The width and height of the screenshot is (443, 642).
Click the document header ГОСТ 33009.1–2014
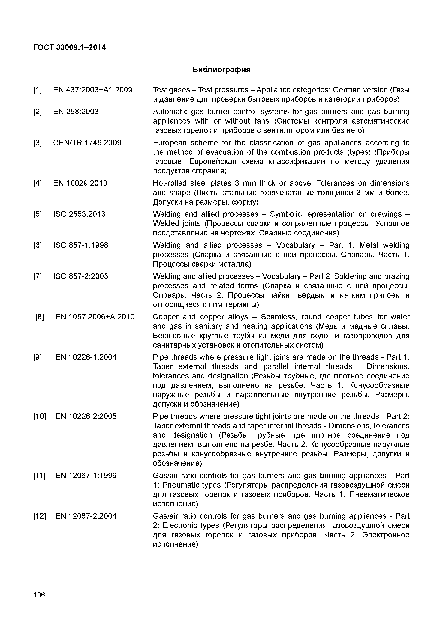pos(69,48)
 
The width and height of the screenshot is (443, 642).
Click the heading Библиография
pos(221,70)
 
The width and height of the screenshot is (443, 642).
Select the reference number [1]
pos(38,90)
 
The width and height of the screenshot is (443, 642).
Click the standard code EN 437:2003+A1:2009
pos(92,90)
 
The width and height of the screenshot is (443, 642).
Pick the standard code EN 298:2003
pos(76,112)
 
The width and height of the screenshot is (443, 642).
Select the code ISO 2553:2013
pos(79,214)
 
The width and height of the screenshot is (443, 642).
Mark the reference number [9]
pos(38,357)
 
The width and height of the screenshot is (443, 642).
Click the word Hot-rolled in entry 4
pos(170,183)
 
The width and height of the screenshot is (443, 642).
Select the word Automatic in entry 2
pos(170,112)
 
